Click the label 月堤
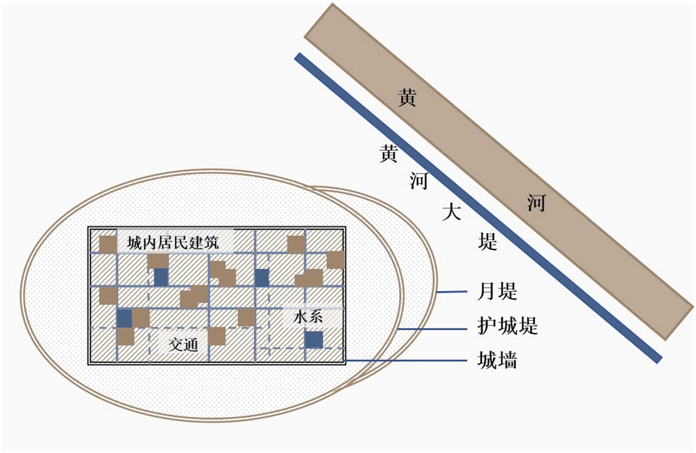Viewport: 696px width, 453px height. click(497, 291)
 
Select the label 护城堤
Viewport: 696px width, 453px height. click(507, 326)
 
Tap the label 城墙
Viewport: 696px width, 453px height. click(497, 360)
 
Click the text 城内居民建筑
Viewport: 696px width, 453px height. click(173, 242)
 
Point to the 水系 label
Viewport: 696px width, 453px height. click(308, 317)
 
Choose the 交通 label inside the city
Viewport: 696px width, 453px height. click(183, 345)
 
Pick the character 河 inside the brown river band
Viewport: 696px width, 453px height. click(536, 203)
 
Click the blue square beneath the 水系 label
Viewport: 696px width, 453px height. click(314, 339)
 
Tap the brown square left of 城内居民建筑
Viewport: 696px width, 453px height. click(108, 244)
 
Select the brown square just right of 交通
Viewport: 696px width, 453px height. click(217, 336)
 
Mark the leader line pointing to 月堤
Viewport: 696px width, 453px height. click(452, 292)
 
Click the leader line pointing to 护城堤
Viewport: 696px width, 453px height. click(432, 329)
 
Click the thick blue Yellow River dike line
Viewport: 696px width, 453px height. click(477, 207)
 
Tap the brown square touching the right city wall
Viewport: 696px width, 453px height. click(335, 260)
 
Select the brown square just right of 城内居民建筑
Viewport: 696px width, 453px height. click(296, 244)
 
